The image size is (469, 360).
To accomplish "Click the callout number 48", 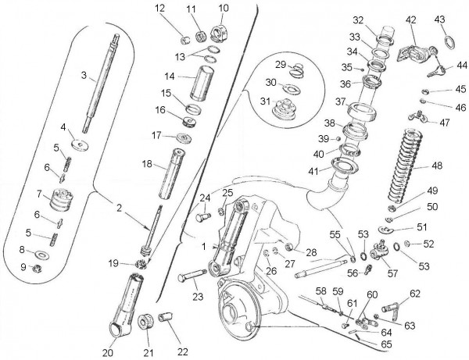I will point(436,166).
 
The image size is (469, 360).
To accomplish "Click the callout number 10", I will point(224,9).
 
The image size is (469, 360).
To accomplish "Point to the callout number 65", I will point(386,344).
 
